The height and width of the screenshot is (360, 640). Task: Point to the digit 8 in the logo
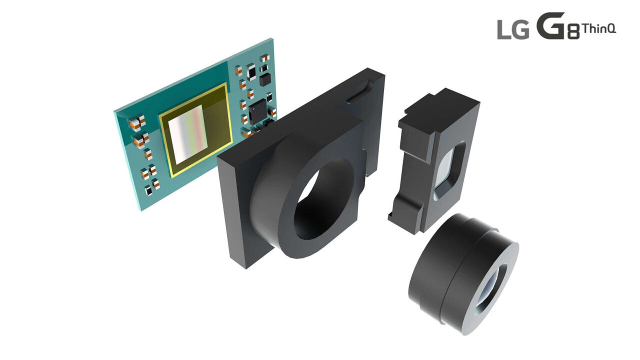(x=573, y=33)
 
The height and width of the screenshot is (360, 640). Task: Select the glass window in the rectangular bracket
(x=448, y=170)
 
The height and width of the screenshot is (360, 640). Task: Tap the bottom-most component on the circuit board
(x=148, y=190)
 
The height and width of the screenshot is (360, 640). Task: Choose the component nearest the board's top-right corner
(x=264, y=58)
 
